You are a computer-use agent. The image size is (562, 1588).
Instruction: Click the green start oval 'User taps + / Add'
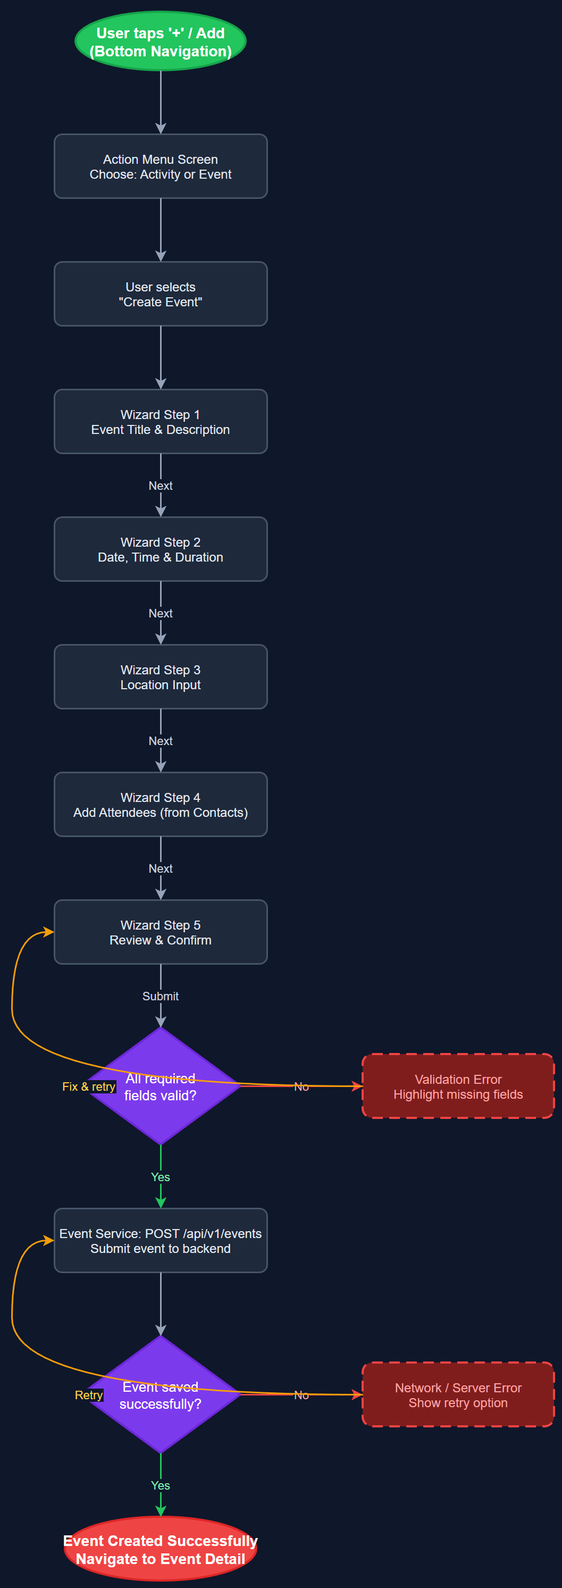click(x=160, y=41)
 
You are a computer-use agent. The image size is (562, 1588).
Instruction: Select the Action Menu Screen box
click(x=160, y=166)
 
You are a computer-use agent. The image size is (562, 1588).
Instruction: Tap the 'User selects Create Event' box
click(x=160, y=294)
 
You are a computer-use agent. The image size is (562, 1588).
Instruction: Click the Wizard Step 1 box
click(x=160, y=422)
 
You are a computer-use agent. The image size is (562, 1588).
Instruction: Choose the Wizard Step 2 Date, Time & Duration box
click(x=160, y=549)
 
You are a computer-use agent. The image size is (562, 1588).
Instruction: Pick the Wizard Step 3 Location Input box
click(x=160, y=677)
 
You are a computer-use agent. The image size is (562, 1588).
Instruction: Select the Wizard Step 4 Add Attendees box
click(x=160, y=805)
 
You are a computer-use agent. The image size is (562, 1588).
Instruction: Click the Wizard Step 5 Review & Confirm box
click(x=160, y=932)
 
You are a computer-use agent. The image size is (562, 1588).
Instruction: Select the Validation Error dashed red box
click(x=458, y=1086)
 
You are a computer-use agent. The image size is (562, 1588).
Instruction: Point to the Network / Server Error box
click(x=458, y=1394)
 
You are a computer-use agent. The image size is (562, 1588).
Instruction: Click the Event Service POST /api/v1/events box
click(x=160, y=1240)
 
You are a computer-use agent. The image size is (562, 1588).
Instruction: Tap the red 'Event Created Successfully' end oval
click(x=160, y=1549)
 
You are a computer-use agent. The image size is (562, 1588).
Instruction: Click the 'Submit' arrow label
click(x=160, y=996)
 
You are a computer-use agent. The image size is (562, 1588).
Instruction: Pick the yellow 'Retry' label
click(x=89, y=1395)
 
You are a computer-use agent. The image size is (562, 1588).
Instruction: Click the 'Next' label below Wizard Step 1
click(x=160, y=486)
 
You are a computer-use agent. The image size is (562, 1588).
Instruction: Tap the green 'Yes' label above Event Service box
click(x=160, y=1177)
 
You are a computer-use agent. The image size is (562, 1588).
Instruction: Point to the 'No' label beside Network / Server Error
click(x=301, y=1395)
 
